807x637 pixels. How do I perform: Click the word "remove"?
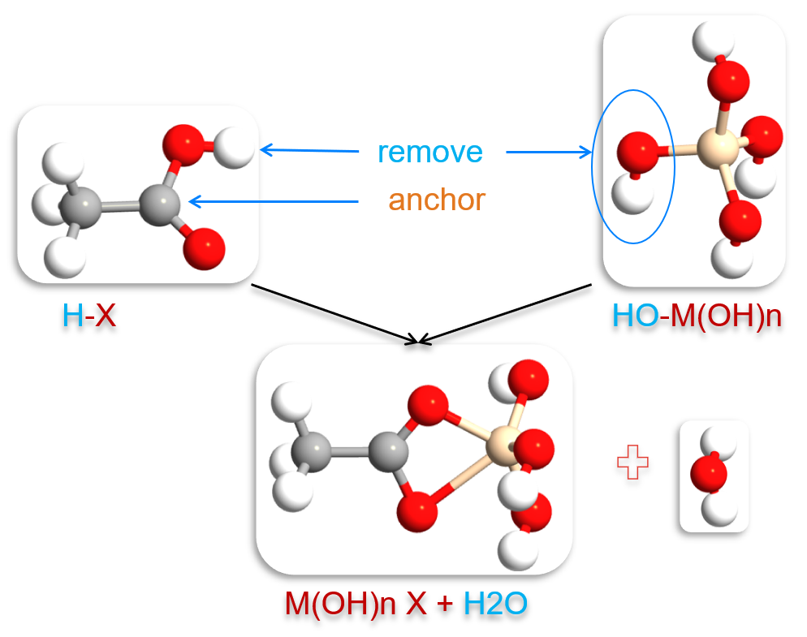tap(429, 152)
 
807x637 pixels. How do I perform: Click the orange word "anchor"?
tap(437, 199)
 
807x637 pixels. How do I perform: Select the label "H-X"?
tap(89, 315)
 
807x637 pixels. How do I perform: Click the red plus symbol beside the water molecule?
tap(633, 466)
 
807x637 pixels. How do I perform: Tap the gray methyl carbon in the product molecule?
tap(311, 451)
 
